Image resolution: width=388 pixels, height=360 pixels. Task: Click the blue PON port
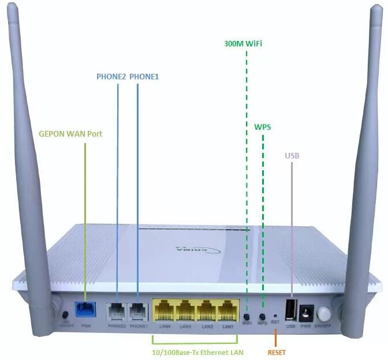[85, 309]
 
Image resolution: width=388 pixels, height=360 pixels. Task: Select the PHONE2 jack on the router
[116, 311]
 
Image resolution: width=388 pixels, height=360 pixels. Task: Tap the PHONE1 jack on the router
[137, 311]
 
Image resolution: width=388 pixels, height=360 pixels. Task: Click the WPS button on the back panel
[263, 316]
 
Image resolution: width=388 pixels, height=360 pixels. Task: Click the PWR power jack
[306, 313]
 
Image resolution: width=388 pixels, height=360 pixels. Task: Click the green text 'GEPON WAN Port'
[70, 133]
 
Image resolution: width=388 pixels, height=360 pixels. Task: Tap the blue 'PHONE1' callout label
[144, 76]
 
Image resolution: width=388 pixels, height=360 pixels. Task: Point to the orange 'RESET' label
[277, 352]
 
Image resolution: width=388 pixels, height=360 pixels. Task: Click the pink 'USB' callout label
[292, 156]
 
